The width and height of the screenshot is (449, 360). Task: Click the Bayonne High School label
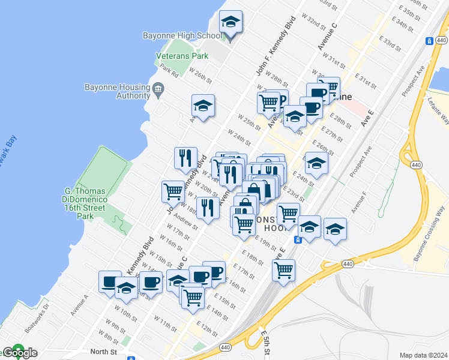[x=182, y=35]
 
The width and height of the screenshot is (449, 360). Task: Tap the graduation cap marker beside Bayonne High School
[x=231, y=23]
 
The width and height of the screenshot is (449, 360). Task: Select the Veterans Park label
[x=182, y=56]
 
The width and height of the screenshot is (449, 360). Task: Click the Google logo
[x=19, y=352]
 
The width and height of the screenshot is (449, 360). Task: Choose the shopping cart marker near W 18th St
[x=173, y=192]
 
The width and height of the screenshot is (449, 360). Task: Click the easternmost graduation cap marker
[x=335, y=229]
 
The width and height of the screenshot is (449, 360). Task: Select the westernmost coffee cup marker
[x=110, y=281]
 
